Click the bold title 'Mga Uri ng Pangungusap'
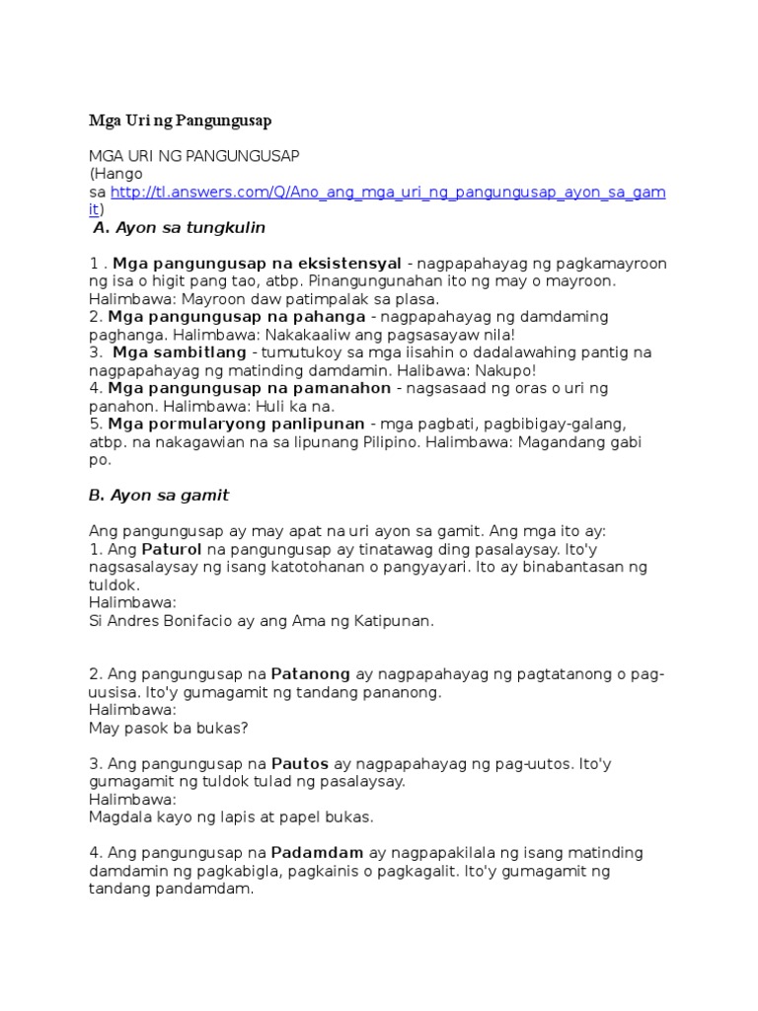[180, 120]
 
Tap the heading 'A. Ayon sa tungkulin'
[179, 228]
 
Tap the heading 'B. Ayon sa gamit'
[159, 495]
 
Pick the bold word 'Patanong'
[311, 674]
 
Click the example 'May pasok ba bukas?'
[168, 728]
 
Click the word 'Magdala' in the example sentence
[117, 817]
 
